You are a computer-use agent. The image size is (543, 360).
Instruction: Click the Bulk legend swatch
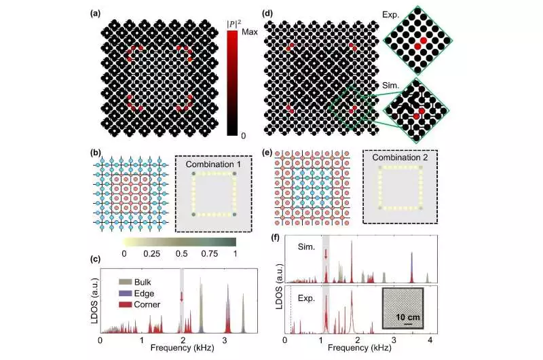[124, 281]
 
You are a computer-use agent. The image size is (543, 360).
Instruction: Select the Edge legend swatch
[124, 293]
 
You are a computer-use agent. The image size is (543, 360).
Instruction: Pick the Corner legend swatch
[124, 305]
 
